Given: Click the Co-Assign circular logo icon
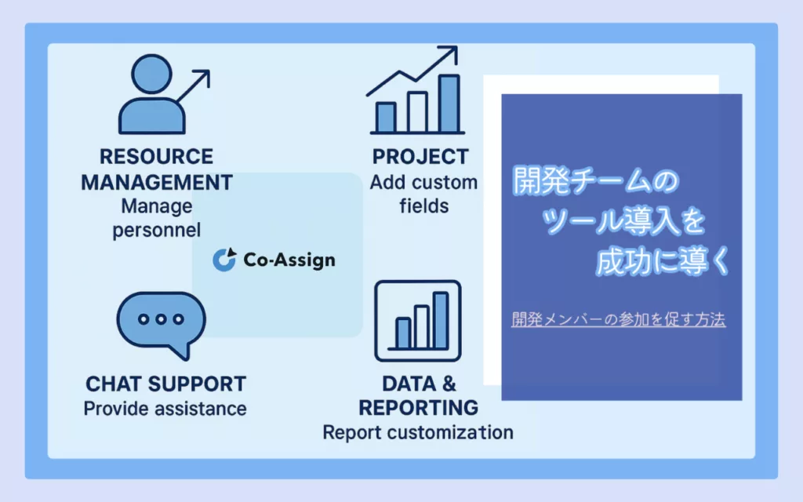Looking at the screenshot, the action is pyautogui.click(x=224, y=259).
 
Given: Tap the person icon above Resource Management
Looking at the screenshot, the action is pyautogui.click(x=151, y=94).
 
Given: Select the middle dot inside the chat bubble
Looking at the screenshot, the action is pyautogui.click(x=161, y=319).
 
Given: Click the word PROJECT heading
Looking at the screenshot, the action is pyautogui.click(x=420, y=157).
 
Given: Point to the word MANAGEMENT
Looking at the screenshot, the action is pyautogui.click(x=157, y=182).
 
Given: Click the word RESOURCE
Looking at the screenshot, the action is pyautogui.click(x=156, y=157).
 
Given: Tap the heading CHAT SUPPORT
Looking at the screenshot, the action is pyautogui.click(x=166, y=384).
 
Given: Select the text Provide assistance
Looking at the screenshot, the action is pyautogui.click(x=165, y=409).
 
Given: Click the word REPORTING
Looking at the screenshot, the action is pyautogui.click(x=419, y=408).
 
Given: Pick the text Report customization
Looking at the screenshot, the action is pyautogui.click(x=418, y=432).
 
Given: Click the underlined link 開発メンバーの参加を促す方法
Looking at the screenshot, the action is pyautogui.click(x=618, y=320).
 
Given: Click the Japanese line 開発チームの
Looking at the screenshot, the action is pyautogui.click(x=596, y=180).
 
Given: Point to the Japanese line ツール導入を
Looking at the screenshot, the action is pyautogui.click(x=623, y=220).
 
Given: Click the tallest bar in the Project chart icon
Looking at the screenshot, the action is pyautogui.click(x=449, y=104).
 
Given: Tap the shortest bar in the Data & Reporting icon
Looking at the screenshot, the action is pyautogui.click(x=403, y=333).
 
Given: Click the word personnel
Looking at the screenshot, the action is pyautogui.click(x=157, y=231).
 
